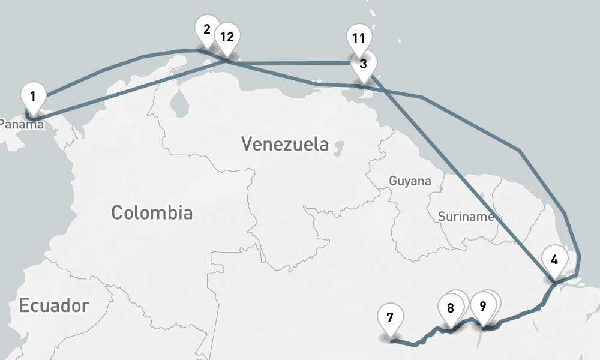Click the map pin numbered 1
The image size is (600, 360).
coord(33,96)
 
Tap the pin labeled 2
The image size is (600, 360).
coord(207,29)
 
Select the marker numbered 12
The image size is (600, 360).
coord(227,37)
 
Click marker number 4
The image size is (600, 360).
coord(554,260)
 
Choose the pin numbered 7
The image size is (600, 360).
coord(390,317)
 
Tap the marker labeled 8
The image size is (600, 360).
coord(451,308)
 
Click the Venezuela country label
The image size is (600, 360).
coord(285,144)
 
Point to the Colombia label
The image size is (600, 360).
coord(152,212)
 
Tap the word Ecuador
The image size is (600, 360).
coord(54,305)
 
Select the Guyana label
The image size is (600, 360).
coord(410,181)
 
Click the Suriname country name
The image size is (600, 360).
coord(466,217)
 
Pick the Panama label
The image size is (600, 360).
coord(18,124)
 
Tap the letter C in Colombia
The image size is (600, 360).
coord(118,213)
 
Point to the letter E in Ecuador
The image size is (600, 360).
coord(24,305)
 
